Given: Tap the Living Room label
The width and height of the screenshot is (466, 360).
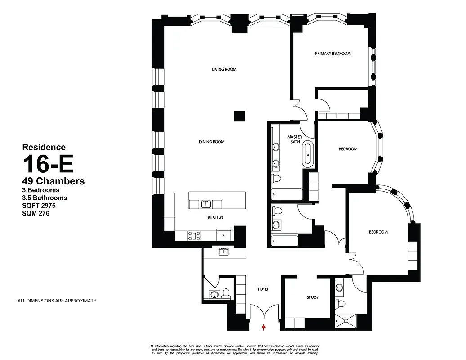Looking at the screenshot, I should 224,69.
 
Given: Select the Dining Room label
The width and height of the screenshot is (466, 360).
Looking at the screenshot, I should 211,142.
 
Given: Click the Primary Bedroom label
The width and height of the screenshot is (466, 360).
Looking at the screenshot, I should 332,54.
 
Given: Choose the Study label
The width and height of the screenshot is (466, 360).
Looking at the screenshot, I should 313,297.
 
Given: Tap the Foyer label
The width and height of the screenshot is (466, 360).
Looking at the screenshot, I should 264,289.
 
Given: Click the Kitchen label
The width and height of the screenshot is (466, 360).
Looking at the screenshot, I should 215,217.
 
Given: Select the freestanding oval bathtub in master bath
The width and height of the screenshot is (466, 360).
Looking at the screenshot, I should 308,153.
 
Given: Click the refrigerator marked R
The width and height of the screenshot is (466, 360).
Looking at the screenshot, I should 223,235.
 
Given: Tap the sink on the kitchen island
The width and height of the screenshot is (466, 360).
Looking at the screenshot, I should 206,204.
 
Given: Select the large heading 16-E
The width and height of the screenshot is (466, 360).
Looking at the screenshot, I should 48,164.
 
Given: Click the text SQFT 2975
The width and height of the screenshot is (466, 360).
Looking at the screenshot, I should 39,206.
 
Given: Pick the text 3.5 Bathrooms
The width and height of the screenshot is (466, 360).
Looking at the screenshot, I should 45,198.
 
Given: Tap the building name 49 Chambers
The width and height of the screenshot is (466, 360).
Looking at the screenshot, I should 54,181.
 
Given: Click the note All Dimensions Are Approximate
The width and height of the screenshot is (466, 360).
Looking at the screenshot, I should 56,301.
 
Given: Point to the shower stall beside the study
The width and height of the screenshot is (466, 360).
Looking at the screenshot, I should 346,319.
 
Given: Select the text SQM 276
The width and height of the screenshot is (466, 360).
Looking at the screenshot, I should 36,214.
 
